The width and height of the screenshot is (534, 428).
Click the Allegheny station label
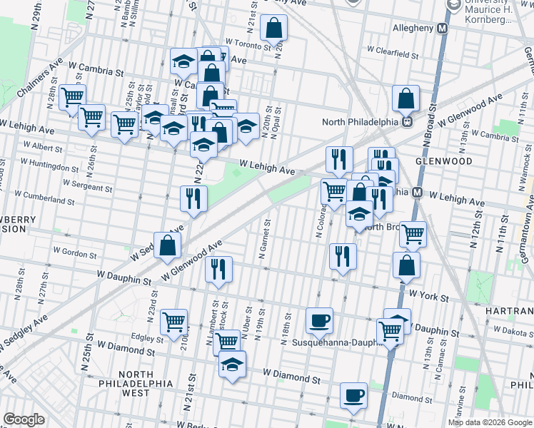click(x=413, y=29)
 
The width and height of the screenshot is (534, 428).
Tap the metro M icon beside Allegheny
click(x=442, y=29)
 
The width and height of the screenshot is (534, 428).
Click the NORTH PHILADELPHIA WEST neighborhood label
click(x=146, y=383)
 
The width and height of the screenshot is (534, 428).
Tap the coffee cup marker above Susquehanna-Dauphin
click(x=319, y=320)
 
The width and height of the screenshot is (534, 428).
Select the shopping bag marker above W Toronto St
click(x=274, y=29)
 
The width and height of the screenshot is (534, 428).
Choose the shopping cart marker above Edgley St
click(x=173, y=322)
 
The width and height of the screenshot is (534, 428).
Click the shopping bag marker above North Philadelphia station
click(x=405, y=99)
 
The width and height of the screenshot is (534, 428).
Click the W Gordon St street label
click(x=75, y=253)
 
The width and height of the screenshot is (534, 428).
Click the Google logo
click(x=24, y=419)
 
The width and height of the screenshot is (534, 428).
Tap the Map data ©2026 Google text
click(x=489, y=422)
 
